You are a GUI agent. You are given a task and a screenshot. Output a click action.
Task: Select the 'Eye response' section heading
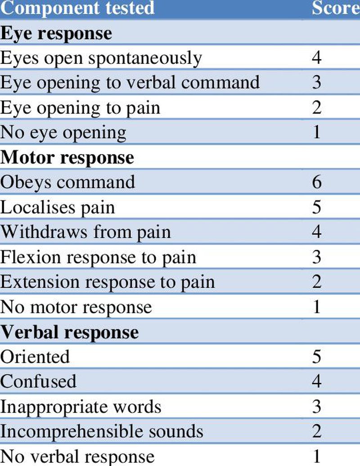(56, 34)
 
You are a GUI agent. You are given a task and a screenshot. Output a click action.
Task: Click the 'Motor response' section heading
(67, 158)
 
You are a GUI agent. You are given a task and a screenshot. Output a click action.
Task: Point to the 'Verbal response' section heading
(69, 332)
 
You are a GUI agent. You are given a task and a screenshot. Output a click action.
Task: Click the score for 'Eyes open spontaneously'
(317, 57)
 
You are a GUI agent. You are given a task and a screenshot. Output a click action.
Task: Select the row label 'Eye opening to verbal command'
(130, 83)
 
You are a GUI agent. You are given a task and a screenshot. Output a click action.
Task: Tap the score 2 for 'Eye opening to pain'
(317, 107)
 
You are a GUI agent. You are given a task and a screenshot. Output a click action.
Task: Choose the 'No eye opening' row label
(63, 133)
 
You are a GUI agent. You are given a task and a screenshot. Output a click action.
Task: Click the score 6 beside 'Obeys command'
(317, 182)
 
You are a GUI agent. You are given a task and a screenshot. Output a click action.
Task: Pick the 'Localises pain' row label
(57, 208)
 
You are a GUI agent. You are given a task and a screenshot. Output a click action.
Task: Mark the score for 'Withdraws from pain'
(317, 232)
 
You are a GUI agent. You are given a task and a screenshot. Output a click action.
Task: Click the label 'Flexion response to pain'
(98, 258)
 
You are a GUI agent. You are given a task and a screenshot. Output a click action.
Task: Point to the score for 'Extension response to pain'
(317, 282)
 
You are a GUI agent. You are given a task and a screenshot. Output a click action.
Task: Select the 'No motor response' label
(76, 308)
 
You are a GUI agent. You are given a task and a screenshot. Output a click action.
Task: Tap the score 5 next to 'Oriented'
(317, 357)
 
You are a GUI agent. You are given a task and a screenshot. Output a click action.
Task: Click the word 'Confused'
(38, 381)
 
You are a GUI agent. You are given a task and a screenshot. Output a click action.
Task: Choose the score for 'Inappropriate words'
(317, 407)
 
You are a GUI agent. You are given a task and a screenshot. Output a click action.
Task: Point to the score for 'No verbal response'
(317, 457)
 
